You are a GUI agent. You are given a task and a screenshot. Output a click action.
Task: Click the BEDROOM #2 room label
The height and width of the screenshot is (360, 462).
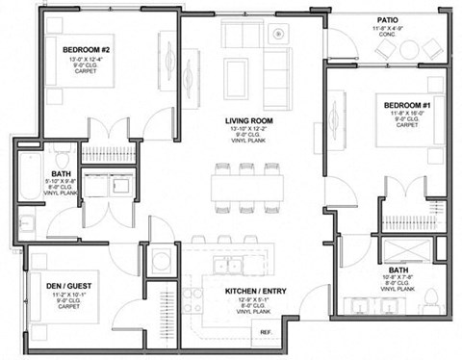click(x=90, y=49)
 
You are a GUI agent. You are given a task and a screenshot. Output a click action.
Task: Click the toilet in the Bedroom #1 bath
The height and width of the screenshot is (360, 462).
click(x=431, y=295)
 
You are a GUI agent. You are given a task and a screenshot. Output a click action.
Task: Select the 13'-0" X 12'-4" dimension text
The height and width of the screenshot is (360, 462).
click(x=90, y=60)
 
